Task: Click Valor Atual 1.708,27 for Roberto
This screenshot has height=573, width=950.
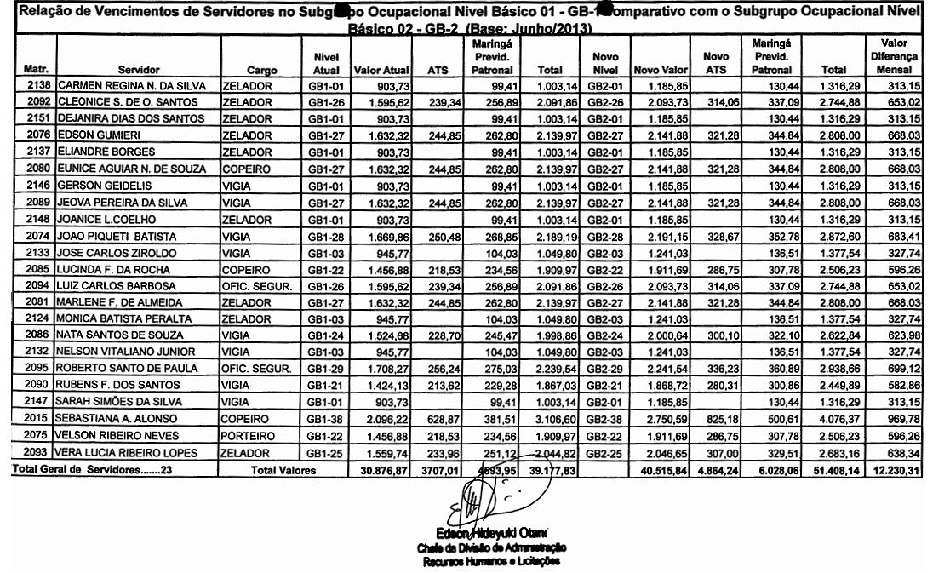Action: pyautogui.click(x=377, y=375)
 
